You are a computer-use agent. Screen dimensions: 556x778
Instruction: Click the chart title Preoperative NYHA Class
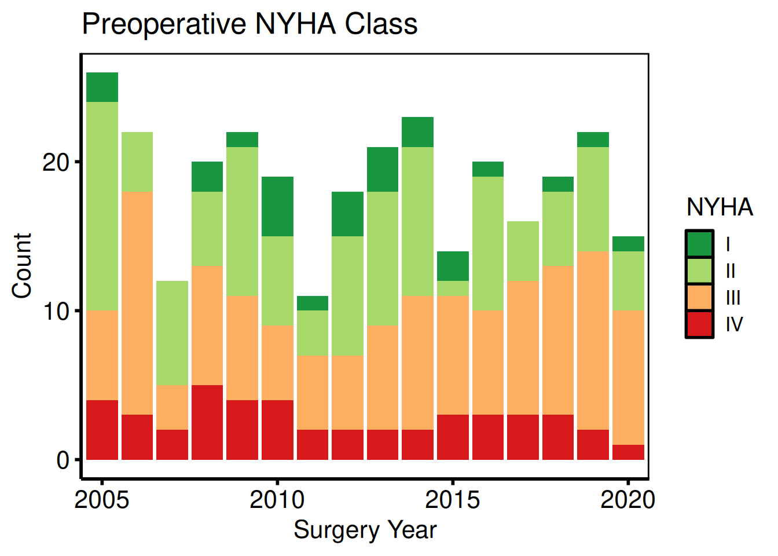(249, 24)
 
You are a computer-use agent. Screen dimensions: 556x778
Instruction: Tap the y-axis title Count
(22, 266)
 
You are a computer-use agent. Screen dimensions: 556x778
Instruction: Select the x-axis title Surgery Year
(365, 530)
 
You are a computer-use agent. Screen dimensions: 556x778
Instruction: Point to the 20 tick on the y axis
(56, 162)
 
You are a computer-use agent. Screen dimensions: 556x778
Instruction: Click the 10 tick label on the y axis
(56, 311)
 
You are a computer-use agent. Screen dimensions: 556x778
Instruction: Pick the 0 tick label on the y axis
(63, 460)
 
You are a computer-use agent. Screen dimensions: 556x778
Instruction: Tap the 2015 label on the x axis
(452, 500)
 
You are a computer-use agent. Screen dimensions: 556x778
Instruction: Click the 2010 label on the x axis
(277, 500)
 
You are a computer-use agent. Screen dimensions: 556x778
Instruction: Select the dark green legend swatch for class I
(699, 244)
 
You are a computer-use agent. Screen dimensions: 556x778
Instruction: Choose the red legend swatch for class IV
(699, 324)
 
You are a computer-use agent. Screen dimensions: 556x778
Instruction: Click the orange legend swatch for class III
(699, 297)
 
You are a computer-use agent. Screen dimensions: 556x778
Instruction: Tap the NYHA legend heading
(720, 207)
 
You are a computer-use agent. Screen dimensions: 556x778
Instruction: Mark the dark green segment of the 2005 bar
(102, 87)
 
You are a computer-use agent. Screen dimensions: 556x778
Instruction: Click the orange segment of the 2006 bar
(137, 303)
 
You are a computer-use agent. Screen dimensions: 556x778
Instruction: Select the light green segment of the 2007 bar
(172, 333)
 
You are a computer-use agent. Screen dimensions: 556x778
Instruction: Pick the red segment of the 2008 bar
(207, 422)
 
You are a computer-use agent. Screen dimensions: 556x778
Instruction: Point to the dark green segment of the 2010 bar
(277, 206)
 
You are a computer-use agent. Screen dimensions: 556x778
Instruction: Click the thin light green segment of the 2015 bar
(453, 288)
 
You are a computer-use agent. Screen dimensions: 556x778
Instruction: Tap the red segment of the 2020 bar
(628, 452)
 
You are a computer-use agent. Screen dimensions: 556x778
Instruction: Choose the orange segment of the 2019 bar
(593, 340)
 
